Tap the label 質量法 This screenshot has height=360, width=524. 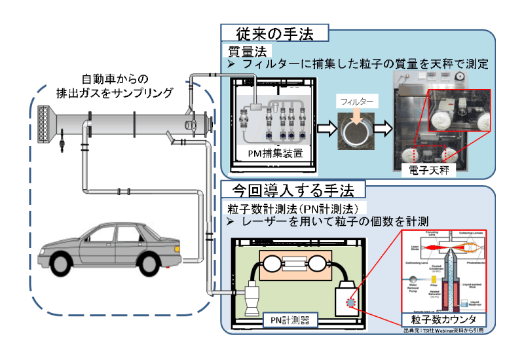click(x=246, y=51)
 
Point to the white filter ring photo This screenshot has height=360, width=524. click(x=357, y=133)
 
